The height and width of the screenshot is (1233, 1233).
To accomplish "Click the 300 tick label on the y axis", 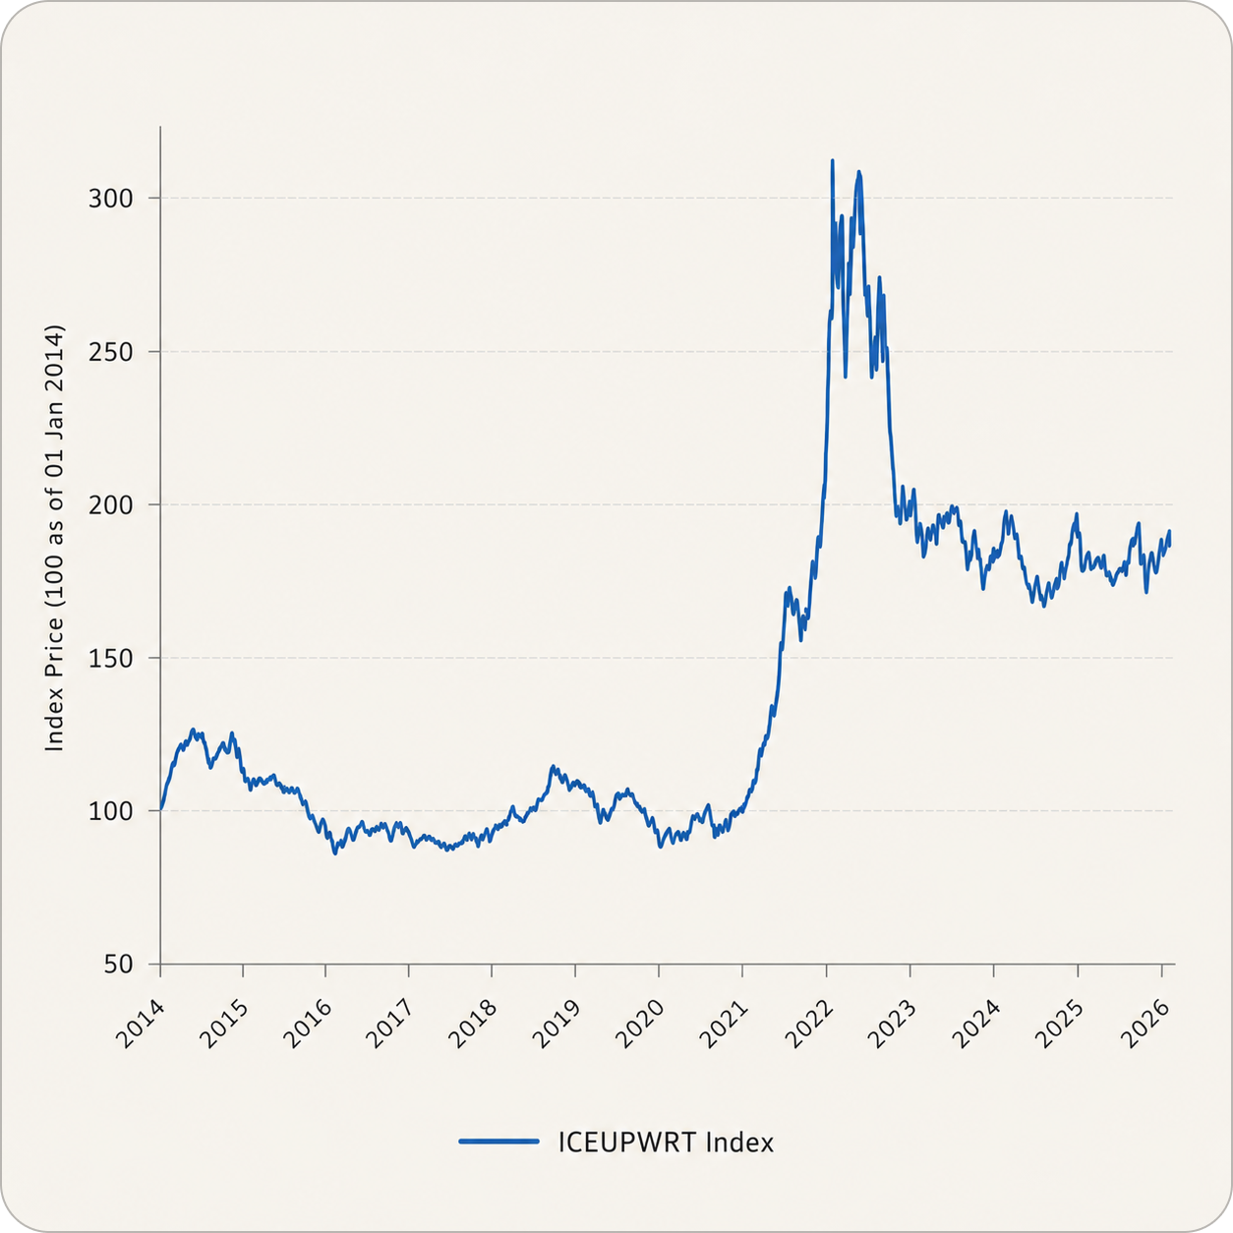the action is point(110,199).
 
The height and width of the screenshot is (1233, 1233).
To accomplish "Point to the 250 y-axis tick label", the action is point(110,352).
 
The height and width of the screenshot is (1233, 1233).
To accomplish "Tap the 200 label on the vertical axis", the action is point(110,505).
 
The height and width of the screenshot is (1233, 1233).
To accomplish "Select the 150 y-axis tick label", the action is point(110,659).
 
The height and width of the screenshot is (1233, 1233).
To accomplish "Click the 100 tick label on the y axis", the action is point(110,811).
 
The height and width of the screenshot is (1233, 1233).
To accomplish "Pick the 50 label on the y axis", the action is point(118,965).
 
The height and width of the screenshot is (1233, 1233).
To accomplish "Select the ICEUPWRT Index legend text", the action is point(666,1143).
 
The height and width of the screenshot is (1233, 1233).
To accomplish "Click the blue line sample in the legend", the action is point(499,1142).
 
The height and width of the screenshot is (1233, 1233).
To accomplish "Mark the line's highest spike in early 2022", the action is point(832,160).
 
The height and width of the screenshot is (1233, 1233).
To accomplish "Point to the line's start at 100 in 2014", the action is point(160,810).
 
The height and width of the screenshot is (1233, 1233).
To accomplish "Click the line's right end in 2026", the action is point(1170,544).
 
